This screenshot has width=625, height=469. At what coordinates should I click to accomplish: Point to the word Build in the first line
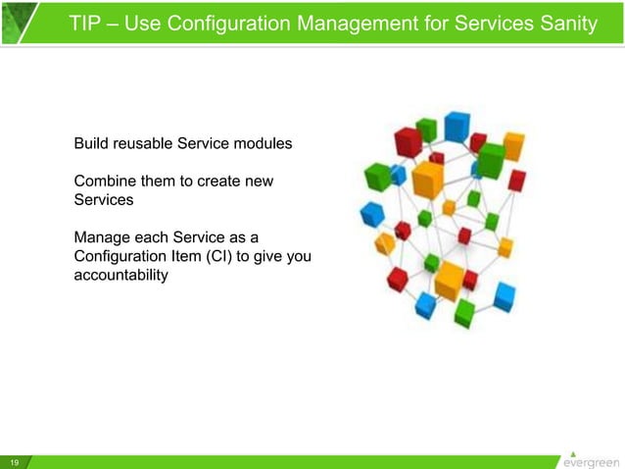92,144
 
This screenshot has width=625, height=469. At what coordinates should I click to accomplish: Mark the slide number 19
15,462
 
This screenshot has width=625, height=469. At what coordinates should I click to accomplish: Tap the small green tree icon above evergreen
573,450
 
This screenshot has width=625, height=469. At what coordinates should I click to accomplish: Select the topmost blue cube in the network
457,126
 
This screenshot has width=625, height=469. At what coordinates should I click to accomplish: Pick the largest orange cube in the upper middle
428,180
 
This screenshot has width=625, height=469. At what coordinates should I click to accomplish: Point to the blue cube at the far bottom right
505,294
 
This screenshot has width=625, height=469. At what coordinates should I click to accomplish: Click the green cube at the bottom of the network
463,315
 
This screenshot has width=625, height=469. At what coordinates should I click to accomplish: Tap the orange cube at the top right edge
513,146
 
